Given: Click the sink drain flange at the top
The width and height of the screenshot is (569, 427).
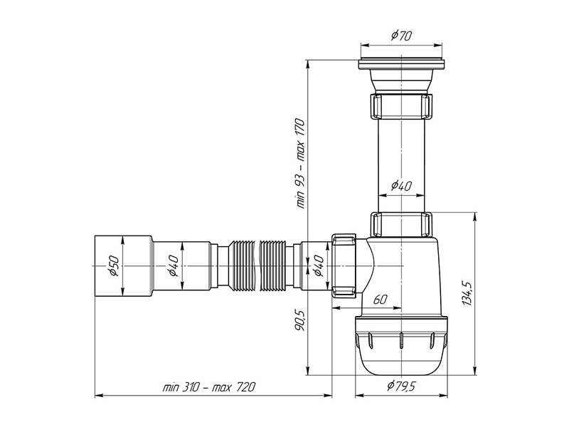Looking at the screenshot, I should click(402, 63).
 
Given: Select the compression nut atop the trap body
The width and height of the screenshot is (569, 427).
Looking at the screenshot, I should click(402, 224).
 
